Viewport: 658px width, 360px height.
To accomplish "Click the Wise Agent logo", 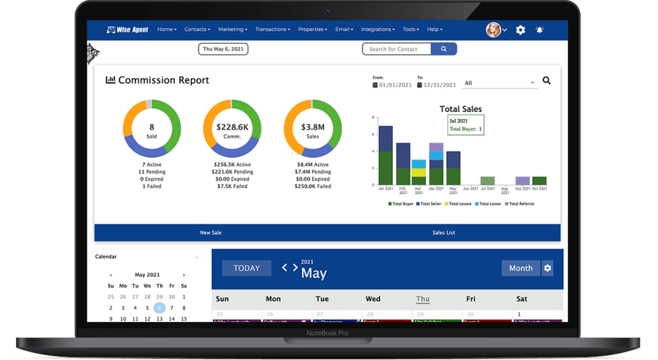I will (x=127, y=30).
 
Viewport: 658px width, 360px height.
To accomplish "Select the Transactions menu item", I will (x=273, y=30).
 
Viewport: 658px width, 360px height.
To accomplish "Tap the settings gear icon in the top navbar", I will (x=520, y=30).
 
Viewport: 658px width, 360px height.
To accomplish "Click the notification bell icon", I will (x=540, y=30).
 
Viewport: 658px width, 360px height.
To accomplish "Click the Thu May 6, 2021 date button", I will (x=223, y=49).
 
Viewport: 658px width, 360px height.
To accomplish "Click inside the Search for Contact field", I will (x=397, y=49).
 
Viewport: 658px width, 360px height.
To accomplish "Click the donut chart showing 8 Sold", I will (x=152, y=129).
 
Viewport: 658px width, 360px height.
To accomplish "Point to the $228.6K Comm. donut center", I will (x=232, y=129).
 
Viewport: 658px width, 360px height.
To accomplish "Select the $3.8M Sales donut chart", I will (x=312, y=129).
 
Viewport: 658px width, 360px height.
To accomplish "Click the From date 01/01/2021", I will (x=394, y=84).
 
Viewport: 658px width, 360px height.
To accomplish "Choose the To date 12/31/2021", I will (x=439, y=84).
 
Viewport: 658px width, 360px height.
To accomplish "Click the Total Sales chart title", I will (x=460, y=109).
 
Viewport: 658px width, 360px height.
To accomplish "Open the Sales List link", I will (x=444, y=232).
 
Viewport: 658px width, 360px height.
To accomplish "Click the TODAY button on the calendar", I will (x=247, y=268).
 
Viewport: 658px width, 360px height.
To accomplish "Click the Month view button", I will (x=521, y=268).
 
